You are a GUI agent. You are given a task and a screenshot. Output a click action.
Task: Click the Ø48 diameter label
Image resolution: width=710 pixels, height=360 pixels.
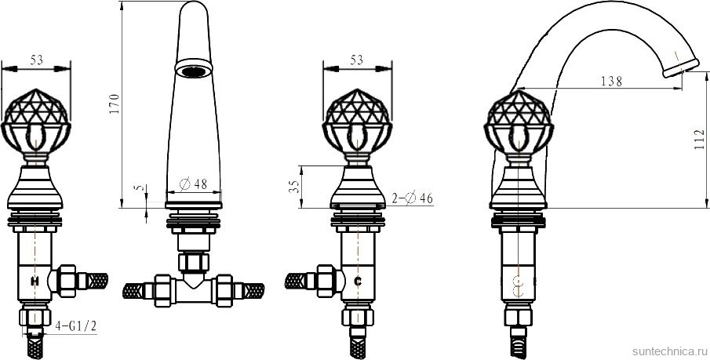193,184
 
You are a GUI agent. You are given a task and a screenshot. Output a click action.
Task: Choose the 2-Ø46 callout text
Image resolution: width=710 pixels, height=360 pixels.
413,198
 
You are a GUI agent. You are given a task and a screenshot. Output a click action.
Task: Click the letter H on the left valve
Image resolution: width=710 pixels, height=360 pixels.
35,280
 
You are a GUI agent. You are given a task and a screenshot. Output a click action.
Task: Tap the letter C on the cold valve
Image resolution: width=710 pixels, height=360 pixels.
357,280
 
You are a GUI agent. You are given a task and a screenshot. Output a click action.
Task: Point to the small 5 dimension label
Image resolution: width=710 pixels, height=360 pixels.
137,188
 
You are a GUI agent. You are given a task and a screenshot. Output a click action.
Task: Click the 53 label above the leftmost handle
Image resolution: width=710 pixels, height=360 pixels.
36,60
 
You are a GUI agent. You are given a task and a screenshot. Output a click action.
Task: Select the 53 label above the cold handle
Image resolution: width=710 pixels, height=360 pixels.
357,60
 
